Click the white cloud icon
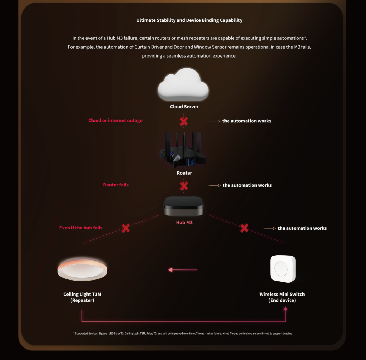click(183, 84)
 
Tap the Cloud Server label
click(184, 107)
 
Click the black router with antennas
click(183, 150)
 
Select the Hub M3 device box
click(183, 206)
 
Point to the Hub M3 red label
click(184, 222)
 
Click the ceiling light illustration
click(82, 269)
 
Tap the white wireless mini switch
click(283, 269)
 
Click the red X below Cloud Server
click(184, 121)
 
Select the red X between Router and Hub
click(184, 186)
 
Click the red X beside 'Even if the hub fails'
click(125, 228)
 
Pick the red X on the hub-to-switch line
click(244, 228)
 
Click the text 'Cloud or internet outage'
click(115, 120)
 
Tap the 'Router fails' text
click(116, 185)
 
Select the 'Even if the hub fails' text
click(81, 228)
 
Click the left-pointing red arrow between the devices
click(183, 270)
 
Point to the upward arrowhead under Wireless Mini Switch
click(285, 308)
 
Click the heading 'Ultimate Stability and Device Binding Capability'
click(189, 20)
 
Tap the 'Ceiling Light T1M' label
click(82, 294)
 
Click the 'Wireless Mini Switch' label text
click(282, 294)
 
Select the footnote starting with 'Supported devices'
click(183, 334)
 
